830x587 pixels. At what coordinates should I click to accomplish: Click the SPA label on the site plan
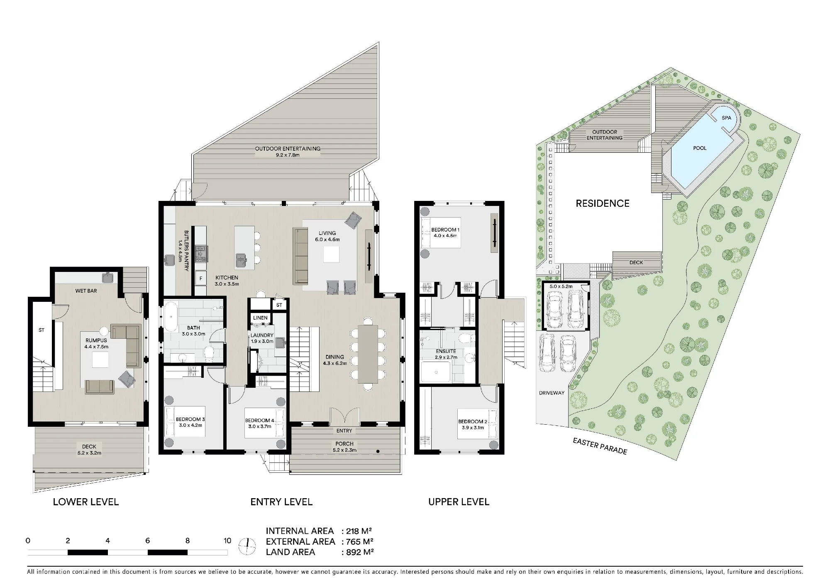(726, 118)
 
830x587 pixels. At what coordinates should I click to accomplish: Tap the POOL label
(700, 148)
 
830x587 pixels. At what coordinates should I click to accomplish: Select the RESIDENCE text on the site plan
(603, 203)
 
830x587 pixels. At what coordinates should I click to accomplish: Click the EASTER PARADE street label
(600, 446)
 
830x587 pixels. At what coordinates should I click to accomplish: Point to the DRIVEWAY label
(552, 393)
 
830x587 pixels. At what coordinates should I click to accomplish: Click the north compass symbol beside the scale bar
(247, 546)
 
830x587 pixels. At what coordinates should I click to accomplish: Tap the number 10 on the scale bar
(227, 541)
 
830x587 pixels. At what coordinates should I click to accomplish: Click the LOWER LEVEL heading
(86, 502)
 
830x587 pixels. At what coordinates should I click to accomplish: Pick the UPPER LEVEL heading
(459, 502)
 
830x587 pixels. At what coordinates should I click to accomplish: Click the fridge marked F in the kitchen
(201, 279)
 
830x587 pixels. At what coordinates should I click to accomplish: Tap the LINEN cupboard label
(261, 318)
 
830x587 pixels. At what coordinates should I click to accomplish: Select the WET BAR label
(86, 291)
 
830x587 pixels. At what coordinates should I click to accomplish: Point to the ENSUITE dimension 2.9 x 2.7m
(446, 357)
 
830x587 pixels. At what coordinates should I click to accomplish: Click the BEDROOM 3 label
(190, 419)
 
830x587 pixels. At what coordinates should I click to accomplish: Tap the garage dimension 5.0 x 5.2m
(561, 286)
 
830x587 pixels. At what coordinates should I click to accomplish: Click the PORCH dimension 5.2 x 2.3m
(344, 450)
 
